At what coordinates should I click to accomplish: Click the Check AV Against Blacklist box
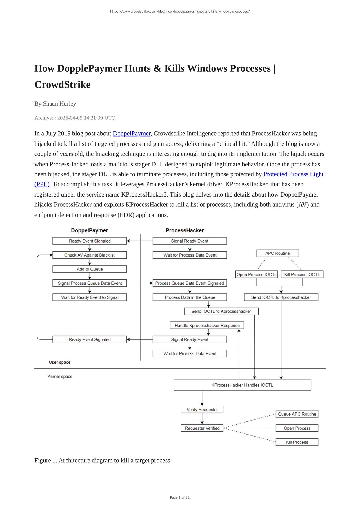90,255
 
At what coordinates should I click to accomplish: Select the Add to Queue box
90,269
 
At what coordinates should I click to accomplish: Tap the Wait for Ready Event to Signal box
90,297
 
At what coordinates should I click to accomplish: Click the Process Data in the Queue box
190,297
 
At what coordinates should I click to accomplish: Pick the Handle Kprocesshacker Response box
207,326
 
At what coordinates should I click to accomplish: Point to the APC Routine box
277,253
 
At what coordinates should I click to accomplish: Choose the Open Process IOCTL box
257,275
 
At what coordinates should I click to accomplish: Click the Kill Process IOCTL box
302,275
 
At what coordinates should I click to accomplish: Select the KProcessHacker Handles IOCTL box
242,385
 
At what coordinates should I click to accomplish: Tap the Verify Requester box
202,410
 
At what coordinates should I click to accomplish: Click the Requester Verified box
202,428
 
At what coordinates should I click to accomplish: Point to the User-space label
59,362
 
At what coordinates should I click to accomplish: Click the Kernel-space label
60,377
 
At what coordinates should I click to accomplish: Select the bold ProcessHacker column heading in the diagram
185,230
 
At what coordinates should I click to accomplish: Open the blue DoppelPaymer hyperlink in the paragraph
132,133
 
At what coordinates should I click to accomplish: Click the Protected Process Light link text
293,174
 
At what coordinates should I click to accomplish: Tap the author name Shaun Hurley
59,103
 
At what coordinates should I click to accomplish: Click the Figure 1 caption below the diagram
102,460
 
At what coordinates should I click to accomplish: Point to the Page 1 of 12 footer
180,497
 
